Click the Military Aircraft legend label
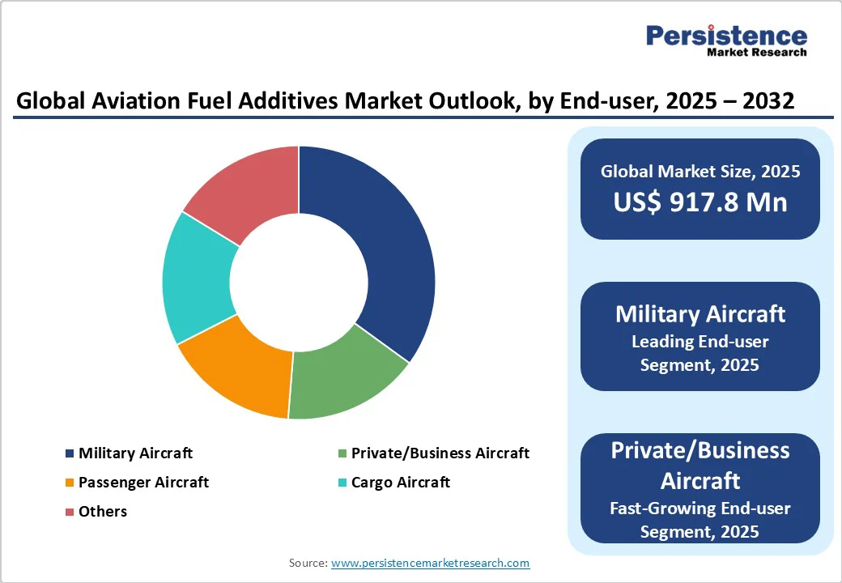click(x=135, y=453)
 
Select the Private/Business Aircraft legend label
click(x=440, y=453)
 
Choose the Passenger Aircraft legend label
click(x=143, y=483)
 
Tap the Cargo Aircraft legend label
click(x=401, y=483)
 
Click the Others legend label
click(x=103, y=512)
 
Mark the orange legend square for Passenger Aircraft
click(x=70, y=483)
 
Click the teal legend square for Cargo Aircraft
click(x=342, y=483)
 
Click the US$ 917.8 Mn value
click(x=700, y=202)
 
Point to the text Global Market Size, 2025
click(x=700, y=172)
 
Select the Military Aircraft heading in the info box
click(x=700, y=314)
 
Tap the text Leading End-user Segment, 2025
click(x=700, y=353)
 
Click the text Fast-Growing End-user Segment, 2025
click(x=700, y=520)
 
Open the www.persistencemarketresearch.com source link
click(x=430, y=563)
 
